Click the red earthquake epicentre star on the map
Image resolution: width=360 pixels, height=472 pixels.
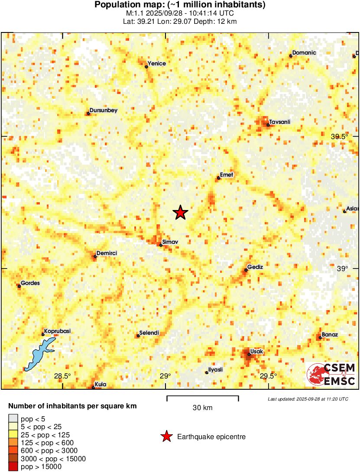(180, 213)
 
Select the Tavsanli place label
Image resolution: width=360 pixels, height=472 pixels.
(279, 122)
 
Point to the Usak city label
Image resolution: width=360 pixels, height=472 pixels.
(257, 351)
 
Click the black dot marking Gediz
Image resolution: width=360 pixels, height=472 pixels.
(246, 270)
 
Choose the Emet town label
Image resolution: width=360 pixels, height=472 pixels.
(227, 175)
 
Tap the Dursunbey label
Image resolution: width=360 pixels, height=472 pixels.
(104, 110)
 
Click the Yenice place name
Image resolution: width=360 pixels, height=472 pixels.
(156, 64)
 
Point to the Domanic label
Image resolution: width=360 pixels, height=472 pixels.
(304, 53)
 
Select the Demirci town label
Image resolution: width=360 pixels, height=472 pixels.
(107, 253)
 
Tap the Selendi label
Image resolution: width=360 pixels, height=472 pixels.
(149, 333)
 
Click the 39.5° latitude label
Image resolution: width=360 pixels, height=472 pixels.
(339, 136)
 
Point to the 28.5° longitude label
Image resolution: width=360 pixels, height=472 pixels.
(62, 376)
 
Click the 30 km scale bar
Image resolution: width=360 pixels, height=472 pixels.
(203, 396)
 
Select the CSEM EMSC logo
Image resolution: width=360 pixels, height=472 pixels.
(331, 375)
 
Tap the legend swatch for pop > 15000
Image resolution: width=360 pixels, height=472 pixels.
(13, 467)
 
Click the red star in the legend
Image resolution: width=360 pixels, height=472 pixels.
(166, 437)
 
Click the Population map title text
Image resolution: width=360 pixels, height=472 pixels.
(180, 5)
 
